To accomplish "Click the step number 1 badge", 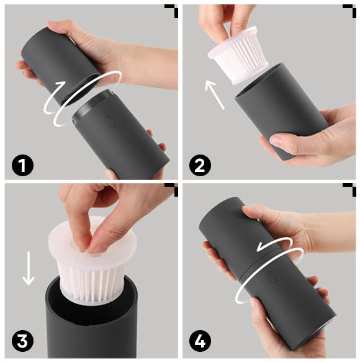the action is click(x=22, y=165).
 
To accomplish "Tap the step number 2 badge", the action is click(x=200, y=165).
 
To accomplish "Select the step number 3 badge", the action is click(x=22, y=341).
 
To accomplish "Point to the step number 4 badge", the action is click(x=200, y=341).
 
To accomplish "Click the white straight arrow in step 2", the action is click(x=215, y=95).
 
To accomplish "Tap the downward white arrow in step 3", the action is click(x=29, y=269).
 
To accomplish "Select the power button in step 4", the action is click(x=271, y=277).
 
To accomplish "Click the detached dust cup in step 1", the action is click(x=60, y=65).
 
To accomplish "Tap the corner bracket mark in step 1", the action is click(x=171, y=11).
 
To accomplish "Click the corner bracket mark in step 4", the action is click(x=349, y=190).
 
